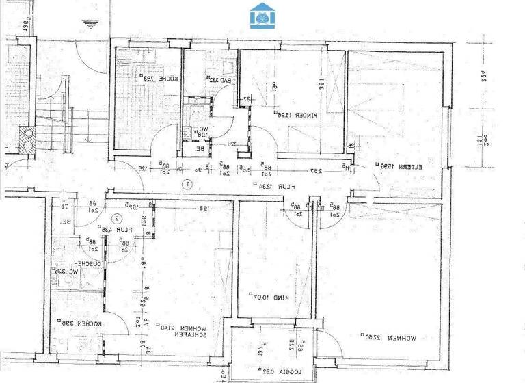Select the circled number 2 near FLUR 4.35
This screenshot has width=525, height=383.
[x=118, y=219]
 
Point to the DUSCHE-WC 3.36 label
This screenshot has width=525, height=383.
[x=70, y=267]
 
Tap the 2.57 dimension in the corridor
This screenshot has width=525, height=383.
[x=317, y=171]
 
